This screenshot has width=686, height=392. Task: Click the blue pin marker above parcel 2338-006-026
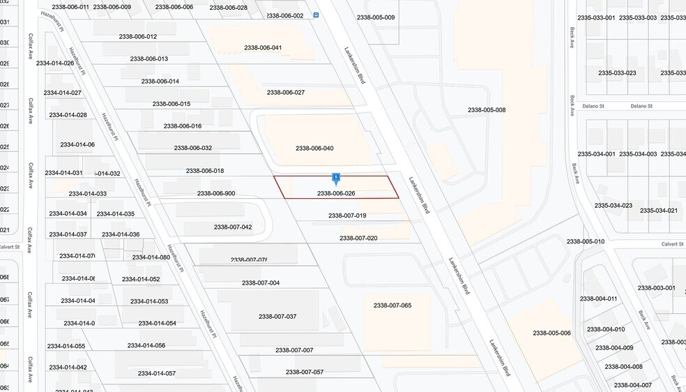(x=336, y=179)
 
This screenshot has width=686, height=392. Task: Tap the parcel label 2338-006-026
(x=336, y=193)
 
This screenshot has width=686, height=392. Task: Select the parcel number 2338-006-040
(x=314, y=148)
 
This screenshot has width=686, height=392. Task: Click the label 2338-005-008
(x=487, y=110)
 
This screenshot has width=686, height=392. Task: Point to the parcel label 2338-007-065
(x=392, y=306)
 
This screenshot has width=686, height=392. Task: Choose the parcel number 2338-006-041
(x=263, y=47)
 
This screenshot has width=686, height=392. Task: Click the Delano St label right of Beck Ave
(x=640, y=106)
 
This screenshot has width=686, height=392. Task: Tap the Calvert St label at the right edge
(x=673, y=245)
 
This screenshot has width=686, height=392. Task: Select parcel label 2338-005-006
(x=551, y=333)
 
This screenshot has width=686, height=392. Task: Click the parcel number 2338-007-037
(x=277, y=317)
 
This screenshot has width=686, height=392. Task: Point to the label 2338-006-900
(x=216, y=193)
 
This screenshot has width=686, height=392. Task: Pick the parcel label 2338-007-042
(x=233, y=227)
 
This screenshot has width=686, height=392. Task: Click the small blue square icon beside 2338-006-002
(x=316, y=15)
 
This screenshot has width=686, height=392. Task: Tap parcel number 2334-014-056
(x=146, y=345)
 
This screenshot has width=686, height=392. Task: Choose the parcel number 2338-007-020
(x=358, y=238)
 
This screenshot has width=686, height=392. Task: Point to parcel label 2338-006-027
(x=286, y=92)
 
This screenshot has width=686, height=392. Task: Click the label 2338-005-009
(x=375, y=17)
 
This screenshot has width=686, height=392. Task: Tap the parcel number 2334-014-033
(x=88, y=194)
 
